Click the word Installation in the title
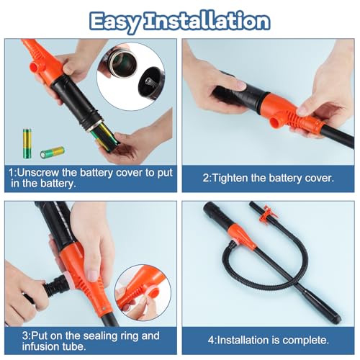pyautogui.click(x=207, y=21)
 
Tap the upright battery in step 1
pyautogui.click(x=27, y=143)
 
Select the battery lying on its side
pyautogui.click(x=53, y=153)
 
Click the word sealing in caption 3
pyautogui.click(x=102, y=336)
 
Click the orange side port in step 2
pyautogui.click(x=276, y=122)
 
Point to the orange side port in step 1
pyautogui.click(x=35, y=67)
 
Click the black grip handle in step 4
pyautogui.click(x=217, y=215)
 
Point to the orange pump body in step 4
pyautogui.click(x=243, y=236)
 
